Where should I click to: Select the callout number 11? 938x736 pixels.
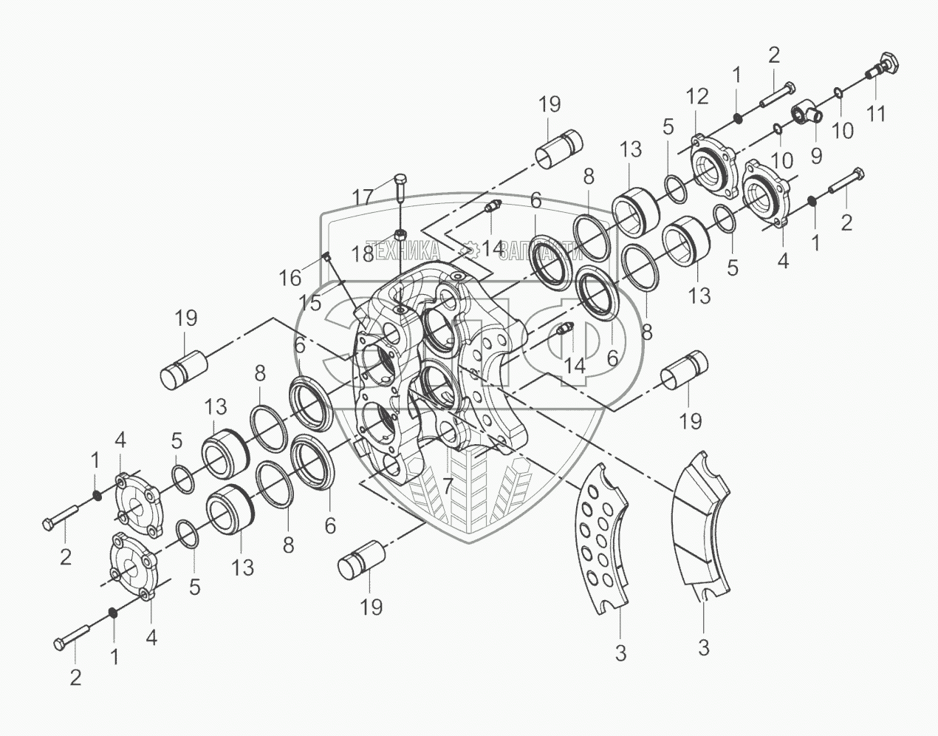[876, 114]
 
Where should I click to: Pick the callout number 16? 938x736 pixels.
[290, 277]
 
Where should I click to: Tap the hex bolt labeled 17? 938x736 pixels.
[399, 191]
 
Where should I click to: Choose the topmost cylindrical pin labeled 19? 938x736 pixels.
[558, 150]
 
